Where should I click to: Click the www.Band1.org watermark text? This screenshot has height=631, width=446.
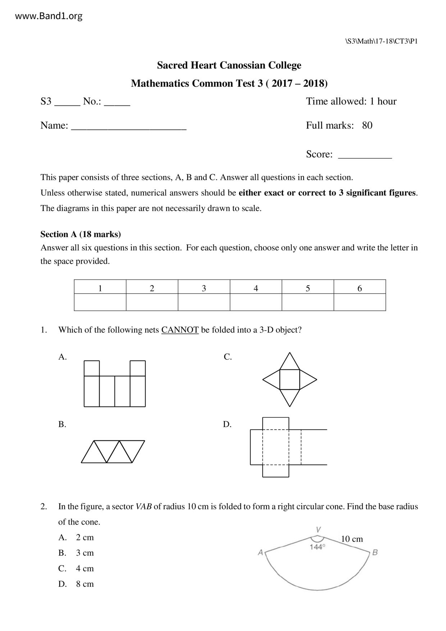tap(49, 16)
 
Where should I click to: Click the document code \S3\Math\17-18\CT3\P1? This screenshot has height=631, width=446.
tap(381, 41)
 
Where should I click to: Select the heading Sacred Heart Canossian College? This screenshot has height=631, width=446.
tap(229, 65)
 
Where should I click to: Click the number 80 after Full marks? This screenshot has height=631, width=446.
tap(367, 126)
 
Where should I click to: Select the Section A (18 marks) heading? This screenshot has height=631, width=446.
tap(81, 234)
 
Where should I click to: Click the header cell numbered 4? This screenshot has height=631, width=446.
tap(256, 288)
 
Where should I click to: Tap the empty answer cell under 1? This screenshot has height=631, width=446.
tap(100, 302)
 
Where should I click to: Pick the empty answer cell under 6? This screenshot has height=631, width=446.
tap(360, 302)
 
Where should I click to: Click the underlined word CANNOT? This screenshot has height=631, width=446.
tap(180, 330)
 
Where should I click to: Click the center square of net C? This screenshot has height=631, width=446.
tap(290, 379)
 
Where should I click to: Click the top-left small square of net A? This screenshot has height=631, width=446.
tap(92, 368)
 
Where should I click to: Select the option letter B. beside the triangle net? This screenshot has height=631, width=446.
tap(62, 424)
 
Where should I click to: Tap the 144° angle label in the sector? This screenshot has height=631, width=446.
tap(317, 547)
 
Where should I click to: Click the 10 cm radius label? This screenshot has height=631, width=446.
tap(352, 539)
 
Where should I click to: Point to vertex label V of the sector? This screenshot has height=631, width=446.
tap(318, 530)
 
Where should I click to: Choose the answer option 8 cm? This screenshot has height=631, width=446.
tap(85, 584)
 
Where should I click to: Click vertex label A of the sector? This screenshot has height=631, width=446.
tap(260, 553)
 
